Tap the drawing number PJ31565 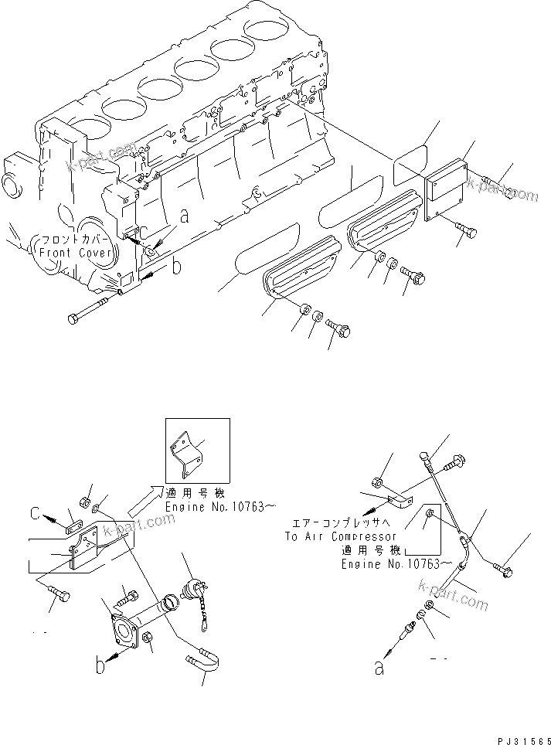(x=519, y=737)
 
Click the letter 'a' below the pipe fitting (x=379, y=668)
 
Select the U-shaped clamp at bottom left (x=204, y=661)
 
